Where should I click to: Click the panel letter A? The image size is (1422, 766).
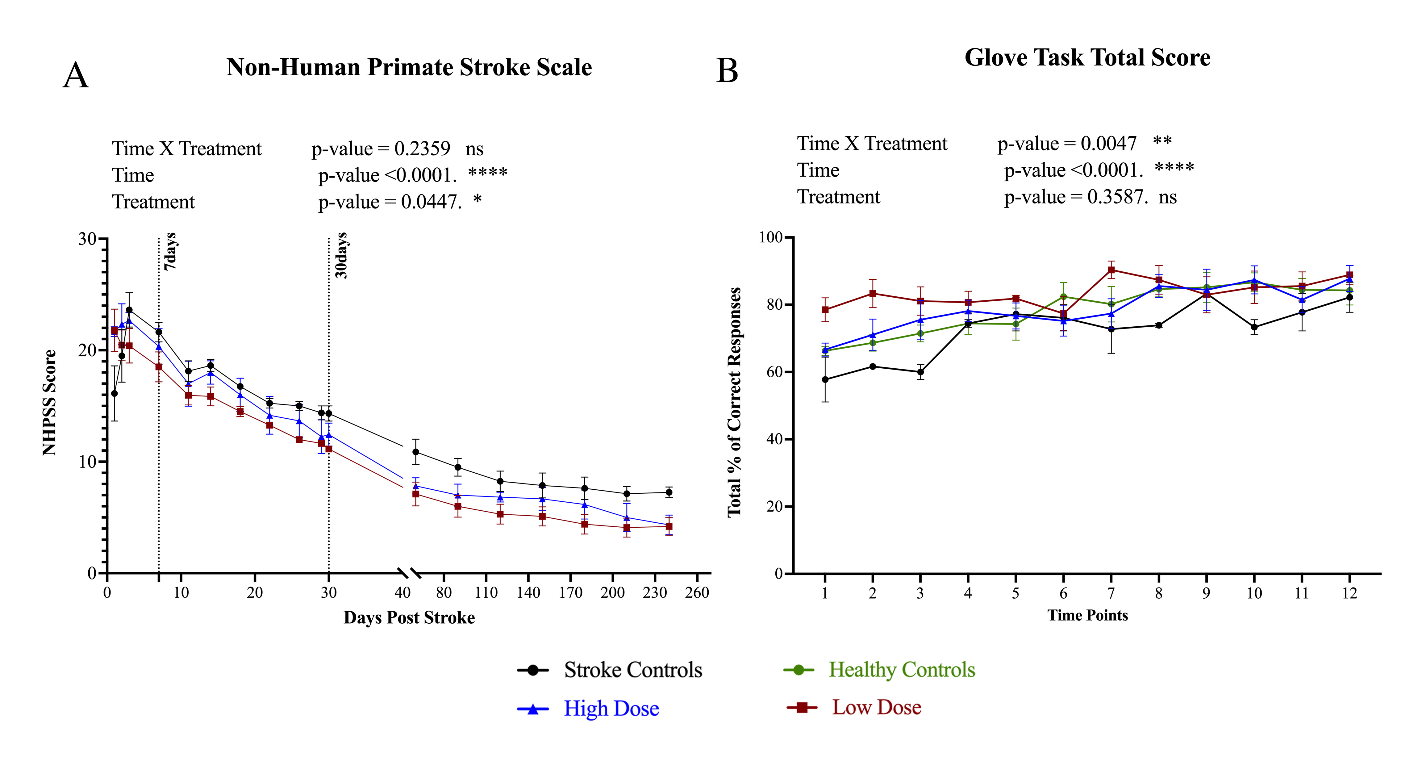[76, 76]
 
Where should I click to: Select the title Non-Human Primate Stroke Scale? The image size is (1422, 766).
[409, 67]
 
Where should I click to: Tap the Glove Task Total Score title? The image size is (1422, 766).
[1087, 57]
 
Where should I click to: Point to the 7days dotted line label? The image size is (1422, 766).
[171, 251]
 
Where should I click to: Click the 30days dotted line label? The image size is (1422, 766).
[342, 255]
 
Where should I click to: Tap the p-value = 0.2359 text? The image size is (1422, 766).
[381, 149]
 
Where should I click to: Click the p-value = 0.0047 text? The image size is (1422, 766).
[1066, 144]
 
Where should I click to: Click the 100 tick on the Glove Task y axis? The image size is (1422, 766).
[771, 237]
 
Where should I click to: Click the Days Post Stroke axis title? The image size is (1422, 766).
[409, 617]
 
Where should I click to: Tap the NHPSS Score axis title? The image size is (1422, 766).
[50, 403]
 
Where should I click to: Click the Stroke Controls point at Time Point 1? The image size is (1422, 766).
[825, 379]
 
